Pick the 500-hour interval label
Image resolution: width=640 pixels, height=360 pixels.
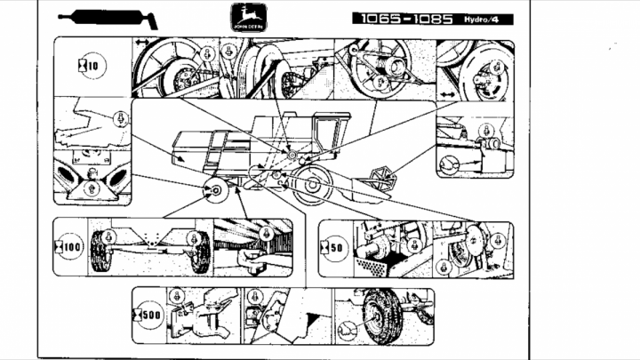[148, 314]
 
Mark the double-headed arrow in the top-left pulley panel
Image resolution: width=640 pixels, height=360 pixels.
[142, 43]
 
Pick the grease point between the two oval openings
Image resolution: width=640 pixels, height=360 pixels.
[89, 187]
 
